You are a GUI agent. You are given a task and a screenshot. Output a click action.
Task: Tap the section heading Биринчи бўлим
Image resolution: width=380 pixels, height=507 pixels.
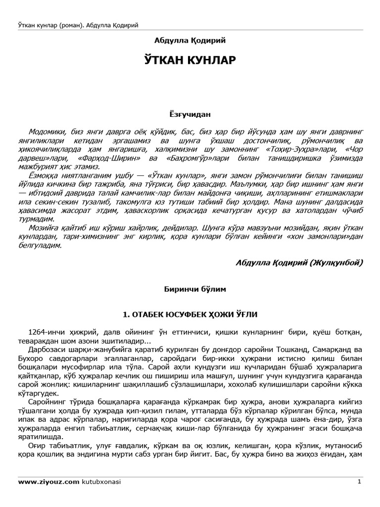[x=190, y=286]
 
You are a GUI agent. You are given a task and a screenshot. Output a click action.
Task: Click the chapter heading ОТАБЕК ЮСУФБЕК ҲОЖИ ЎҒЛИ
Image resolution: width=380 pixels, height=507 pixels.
[x=190, y=314]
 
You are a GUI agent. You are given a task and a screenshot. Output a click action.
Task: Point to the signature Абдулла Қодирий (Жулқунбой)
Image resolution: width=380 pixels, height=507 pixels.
[x=300, y=262]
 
